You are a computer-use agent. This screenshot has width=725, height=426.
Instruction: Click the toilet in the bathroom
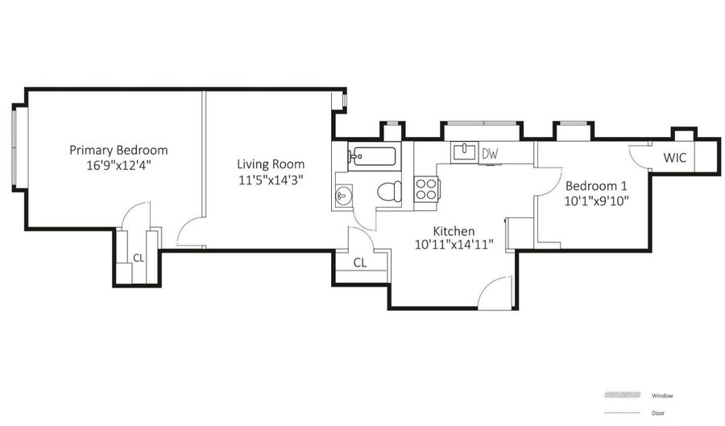tap(388, 192)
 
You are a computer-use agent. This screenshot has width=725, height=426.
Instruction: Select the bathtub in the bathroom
tap(372, 155)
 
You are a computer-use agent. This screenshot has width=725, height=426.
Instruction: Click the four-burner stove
tap(425, 189)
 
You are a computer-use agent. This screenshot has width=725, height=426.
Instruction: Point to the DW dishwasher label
tap(489, 153)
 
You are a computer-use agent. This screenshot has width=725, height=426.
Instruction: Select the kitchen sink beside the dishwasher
tap(465, 151)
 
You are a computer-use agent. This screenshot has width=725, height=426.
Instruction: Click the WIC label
tap(675, 158)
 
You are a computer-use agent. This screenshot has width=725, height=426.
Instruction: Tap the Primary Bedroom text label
tap(118, 151)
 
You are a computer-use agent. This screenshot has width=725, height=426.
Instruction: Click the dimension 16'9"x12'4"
tap(118, 167)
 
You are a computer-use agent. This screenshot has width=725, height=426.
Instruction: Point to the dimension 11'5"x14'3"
tap(259, 180)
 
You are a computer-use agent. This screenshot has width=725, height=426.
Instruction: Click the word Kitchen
tap(454, 230)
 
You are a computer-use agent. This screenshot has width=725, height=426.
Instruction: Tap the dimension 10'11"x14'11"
tap(454, 244)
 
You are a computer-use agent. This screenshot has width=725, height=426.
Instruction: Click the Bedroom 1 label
tap(596, 184)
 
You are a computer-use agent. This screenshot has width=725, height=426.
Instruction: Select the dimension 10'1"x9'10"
tap(596, 200)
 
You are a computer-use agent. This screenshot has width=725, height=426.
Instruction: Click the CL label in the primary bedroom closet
tap(139, 258)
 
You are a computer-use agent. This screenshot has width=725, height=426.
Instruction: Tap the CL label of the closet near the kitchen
tap(359, 263)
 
